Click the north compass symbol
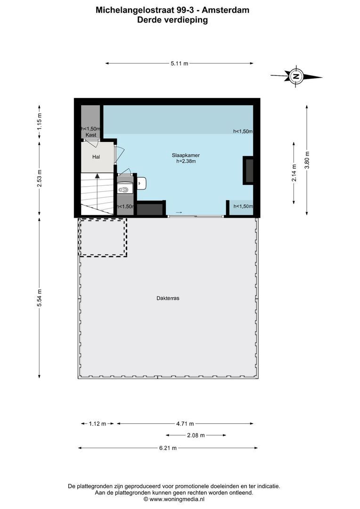[x=296, y=76]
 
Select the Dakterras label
[x=168, y=298]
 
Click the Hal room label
[x=96, y=156]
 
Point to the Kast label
[x=91, y=135]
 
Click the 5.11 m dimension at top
[x=179, y=63]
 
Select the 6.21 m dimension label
[x=168, y=448]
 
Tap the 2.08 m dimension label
[x=196, y=435]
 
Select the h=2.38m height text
[x=182, y=161]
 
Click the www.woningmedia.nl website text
[x=177, y=499]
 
